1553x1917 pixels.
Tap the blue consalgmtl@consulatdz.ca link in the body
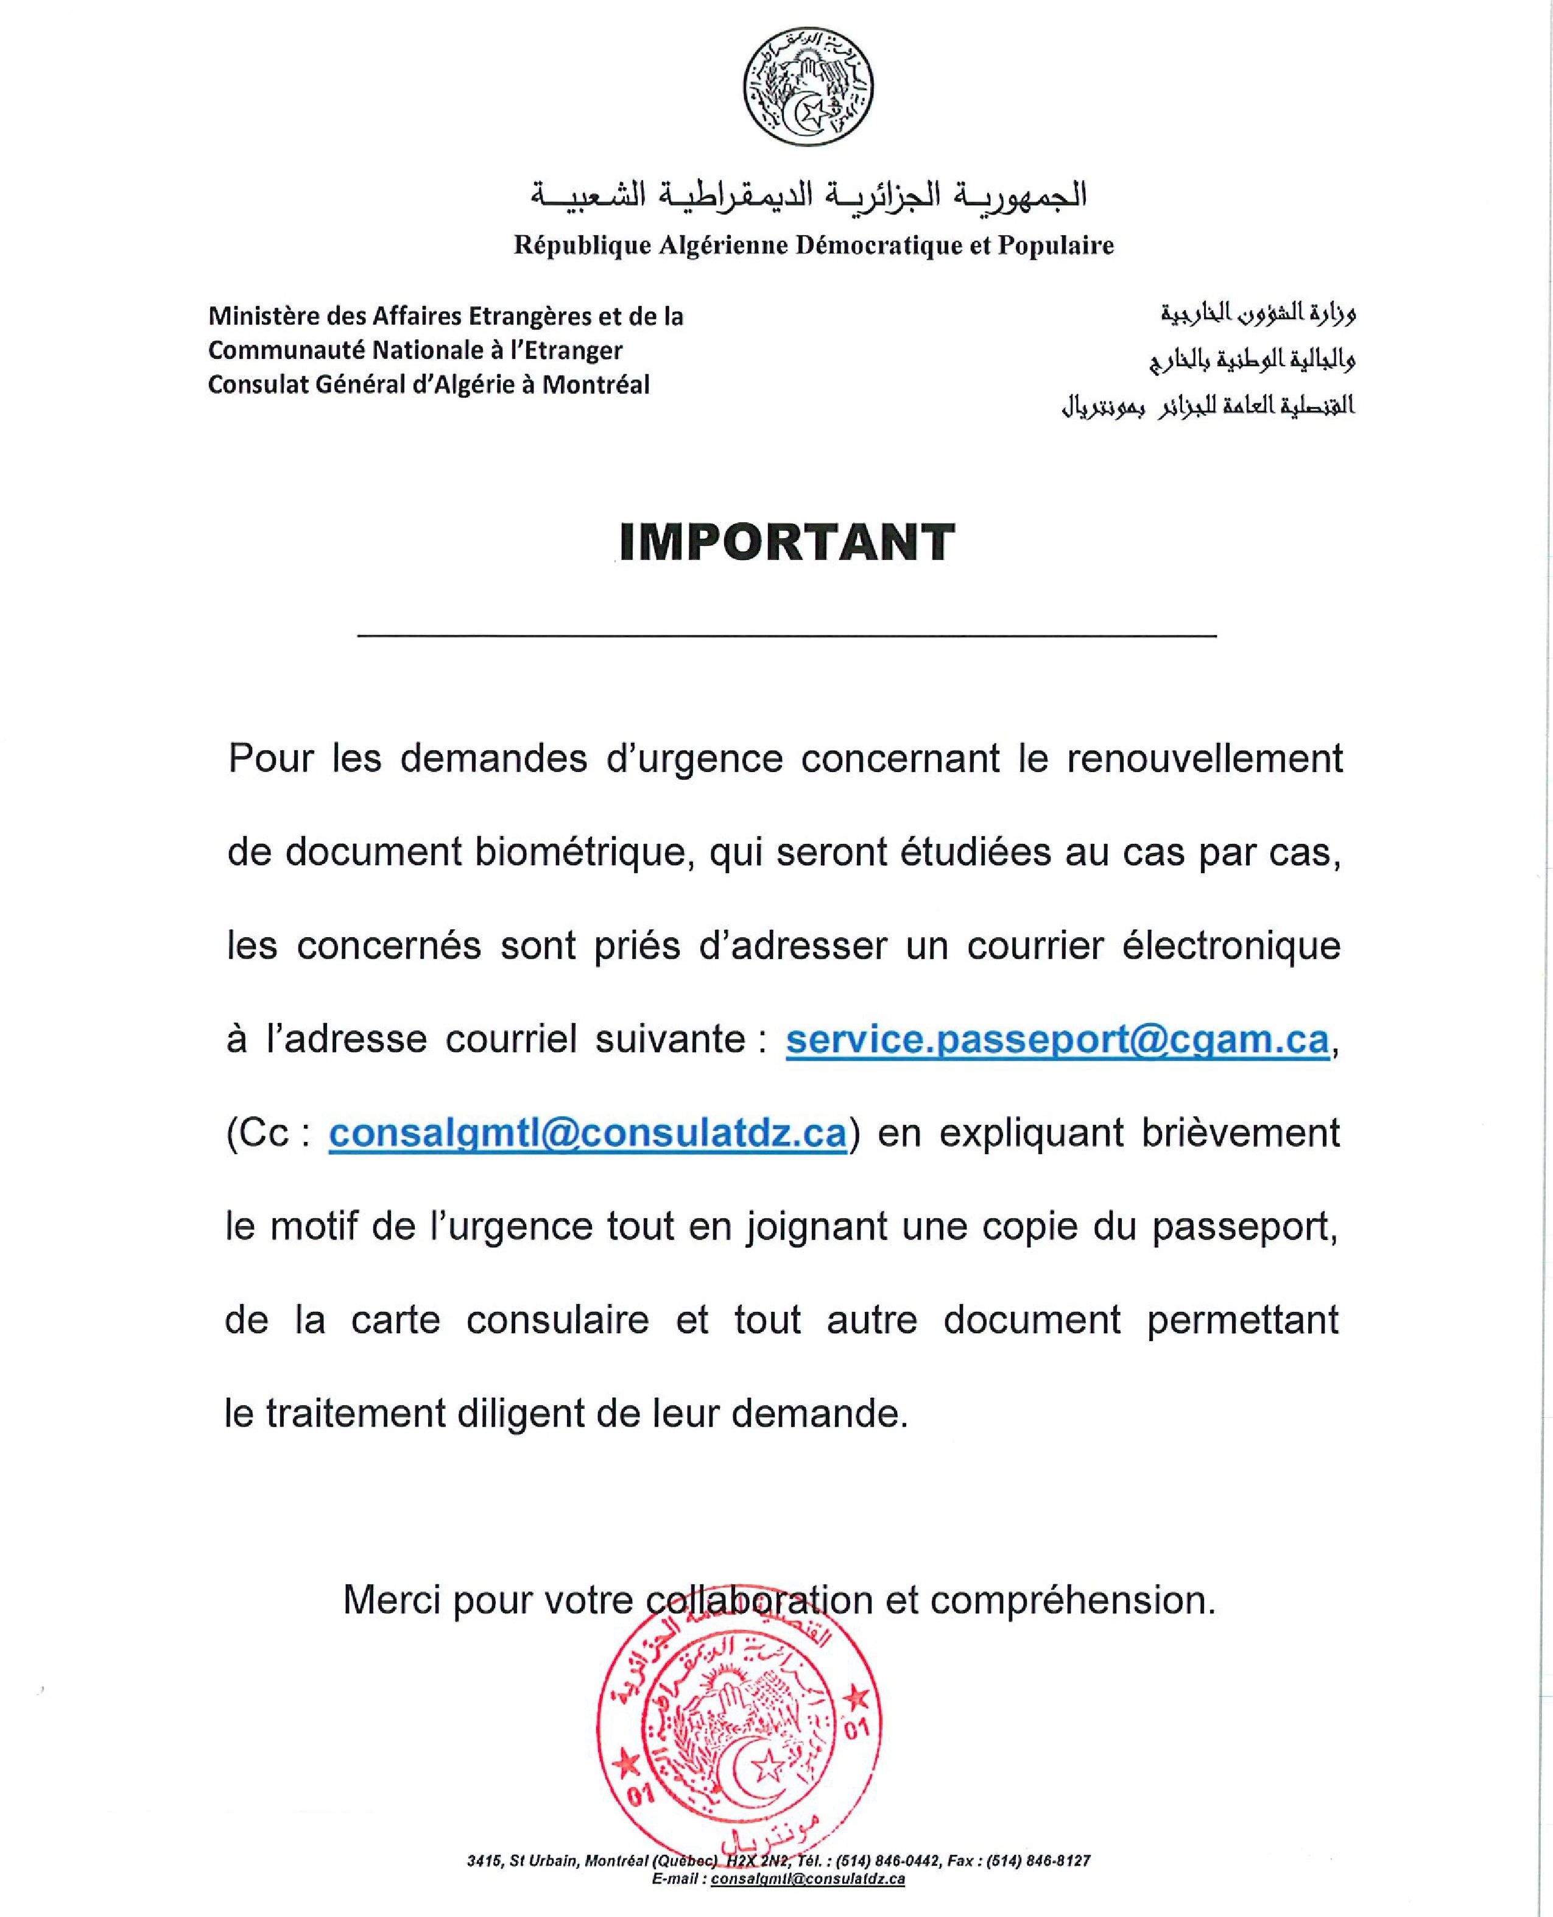pos(587,1133)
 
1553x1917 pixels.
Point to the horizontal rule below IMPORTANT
pos(787,636)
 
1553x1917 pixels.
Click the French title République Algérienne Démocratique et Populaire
pos(813,245)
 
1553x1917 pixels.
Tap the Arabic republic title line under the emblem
pos(809,195)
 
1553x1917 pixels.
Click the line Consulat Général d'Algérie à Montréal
pos(429,385)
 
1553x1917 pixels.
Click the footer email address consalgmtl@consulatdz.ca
pos(808,1879)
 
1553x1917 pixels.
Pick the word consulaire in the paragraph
pos(557,1320)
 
